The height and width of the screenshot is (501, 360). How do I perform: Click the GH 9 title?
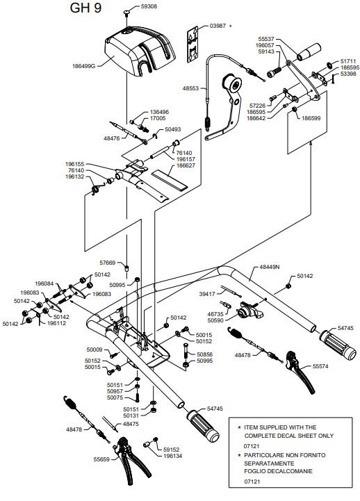point(85,8)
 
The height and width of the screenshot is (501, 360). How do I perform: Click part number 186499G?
point(84,67)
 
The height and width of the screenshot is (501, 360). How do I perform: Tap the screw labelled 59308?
point(127,13)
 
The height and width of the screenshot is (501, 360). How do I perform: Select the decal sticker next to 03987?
point(193,44)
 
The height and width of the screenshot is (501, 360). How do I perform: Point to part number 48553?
point(190,88)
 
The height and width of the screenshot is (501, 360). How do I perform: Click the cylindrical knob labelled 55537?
point(309,51)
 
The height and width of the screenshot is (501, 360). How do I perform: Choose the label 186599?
point(311,118)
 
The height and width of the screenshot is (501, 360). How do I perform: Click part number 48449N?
point(269,266)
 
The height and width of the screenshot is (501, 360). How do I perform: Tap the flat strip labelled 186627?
point(169,181)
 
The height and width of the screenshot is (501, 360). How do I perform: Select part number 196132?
point(74,176)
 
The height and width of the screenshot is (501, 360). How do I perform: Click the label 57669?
point(107,263)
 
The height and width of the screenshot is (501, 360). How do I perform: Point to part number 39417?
point(207,294)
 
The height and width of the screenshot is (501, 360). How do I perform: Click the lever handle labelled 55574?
point(300,372)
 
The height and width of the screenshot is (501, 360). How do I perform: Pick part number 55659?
point(101,459)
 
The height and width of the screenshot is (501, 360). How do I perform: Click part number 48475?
point(131,424)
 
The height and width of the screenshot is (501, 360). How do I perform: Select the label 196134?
point(173,456)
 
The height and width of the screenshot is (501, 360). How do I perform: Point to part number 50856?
point(204,354)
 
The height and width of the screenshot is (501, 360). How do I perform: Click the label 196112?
point(56,323)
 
